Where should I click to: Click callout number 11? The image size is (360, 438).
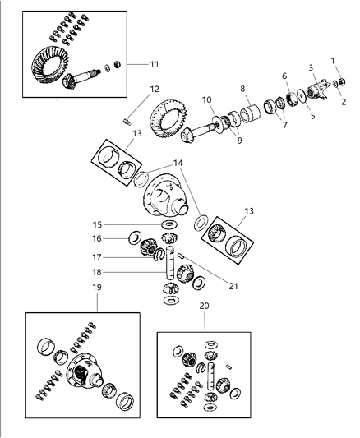[x=155, y=65]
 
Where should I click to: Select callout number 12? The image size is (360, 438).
[x=155, y=89]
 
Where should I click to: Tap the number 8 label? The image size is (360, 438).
[x=242, y=89]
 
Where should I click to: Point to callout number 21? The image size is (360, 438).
[x=233, y=286]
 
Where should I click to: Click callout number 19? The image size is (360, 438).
[x=97, y=287]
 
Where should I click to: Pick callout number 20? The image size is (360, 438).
[x=204, y=306]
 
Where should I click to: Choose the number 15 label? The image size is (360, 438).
[x=97, y=225]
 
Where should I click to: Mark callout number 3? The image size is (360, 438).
[x=311, y=67]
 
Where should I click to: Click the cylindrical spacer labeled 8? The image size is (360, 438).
[x=250, y=113]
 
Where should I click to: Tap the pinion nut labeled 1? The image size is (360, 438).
[x=342, y=81]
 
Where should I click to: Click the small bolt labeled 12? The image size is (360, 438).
[x=127, y=122]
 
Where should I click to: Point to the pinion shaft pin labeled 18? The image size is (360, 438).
[x=170, y=263]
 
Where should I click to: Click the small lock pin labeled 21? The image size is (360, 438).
[x=181, y=256]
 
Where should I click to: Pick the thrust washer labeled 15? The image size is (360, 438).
[x=169, y=224]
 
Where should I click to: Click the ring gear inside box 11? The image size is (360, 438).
[x=49, y=65]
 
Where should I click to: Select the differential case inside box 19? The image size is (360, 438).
[x=85, y=370]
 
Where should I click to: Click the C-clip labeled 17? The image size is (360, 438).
[x=158, y=254]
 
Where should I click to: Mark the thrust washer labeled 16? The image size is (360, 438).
[x=135, y=237]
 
